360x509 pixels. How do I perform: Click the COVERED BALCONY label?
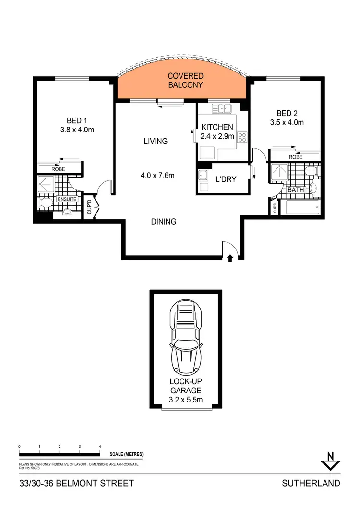185,81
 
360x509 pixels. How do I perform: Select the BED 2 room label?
287,114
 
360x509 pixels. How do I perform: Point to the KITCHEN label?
217,127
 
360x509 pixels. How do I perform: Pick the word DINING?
164,222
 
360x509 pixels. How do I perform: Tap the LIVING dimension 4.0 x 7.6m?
157,176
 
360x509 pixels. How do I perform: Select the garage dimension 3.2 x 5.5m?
186,399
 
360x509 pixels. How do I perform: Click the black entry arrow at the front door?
230,259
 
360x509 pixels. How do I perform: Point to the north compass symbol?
330,461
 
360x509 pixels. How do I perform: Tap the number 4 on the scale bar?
99,446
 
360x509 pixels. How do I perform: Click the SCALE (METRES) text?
126,454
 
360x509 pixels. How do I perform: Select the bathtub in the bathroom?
300,207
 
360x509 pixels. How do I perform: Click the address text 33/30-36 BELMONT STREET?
77,483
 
